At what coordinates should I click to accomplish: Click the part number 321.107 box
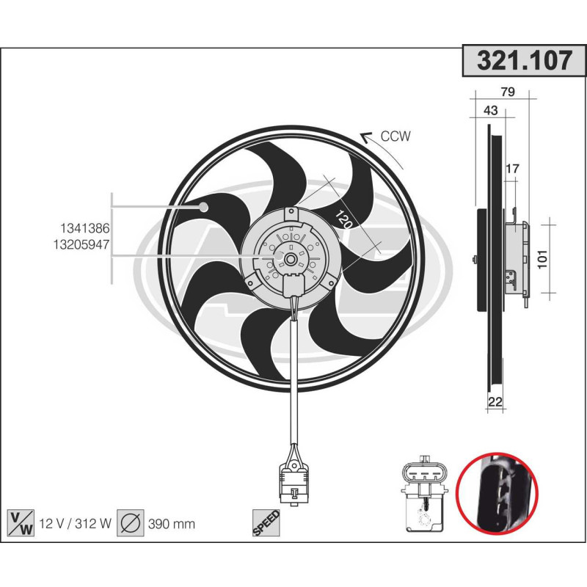click(524, 62)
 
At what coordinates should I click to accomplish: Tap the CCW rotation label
click(395, 136)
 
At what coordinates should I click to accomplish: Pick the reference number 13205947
click(81, 247)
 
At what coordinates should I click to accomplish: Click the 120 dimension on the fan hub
click(342, 219)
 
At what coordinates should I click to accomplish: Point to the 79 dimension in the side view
click(506, 92)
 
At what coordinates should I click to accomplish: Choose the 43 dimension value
click(491, 111)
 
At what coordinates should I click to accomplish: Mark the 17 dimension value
click(512, 169)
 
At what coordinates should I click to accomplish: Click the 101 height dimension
click(544, 260)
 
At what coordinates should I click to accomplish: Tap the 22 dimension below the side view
click(495, 401)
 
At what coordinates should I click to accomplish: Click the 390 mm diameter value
click(172, 523)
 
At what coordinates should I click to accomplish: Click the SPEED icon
click(266, 522)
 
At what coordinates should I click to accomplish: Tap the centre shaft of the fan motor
click(291, 258)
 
